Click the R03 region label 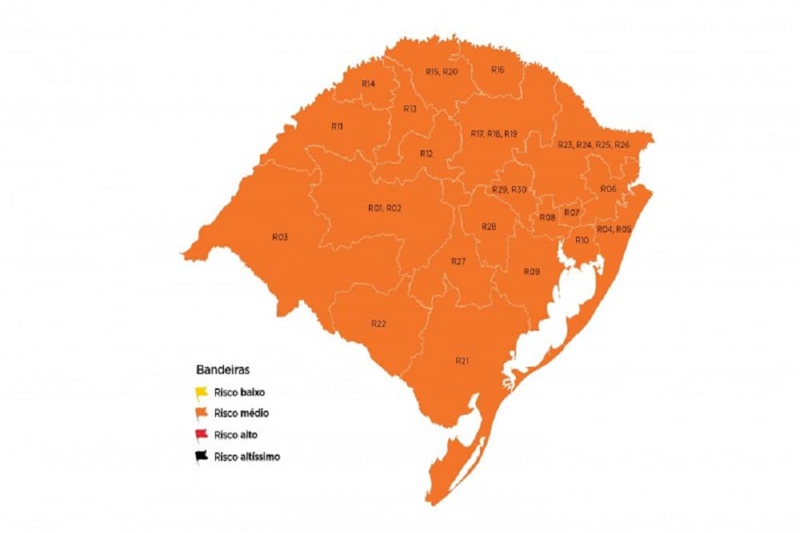[x=280, y=237]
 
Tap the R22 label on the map [x=379, y=323]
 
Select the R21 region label [x=462, y=361]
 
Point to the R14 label [x=369, y=83]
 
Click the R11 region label [x=337, y=126]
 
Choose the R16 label [x=498, y=70]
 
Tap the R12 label [x=426, y=153]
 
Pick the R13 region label [x=410, y=109]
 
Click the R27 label [x=458, y=261]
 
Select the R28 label [x=489, y=227]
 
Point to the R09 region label [x=532, y=272]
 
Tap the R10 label [x=582, y=241]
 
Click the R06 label [x=608, y=189]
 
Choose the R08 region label [x=548, y=217]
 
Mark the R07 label [x=571, y=213]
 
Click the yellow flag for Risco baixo [x=203, y=392]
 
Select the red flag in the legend [x=203, y=435]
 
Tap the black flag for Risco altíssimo [x=203, y=455]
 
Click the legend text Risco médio [x=241, y=414]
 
